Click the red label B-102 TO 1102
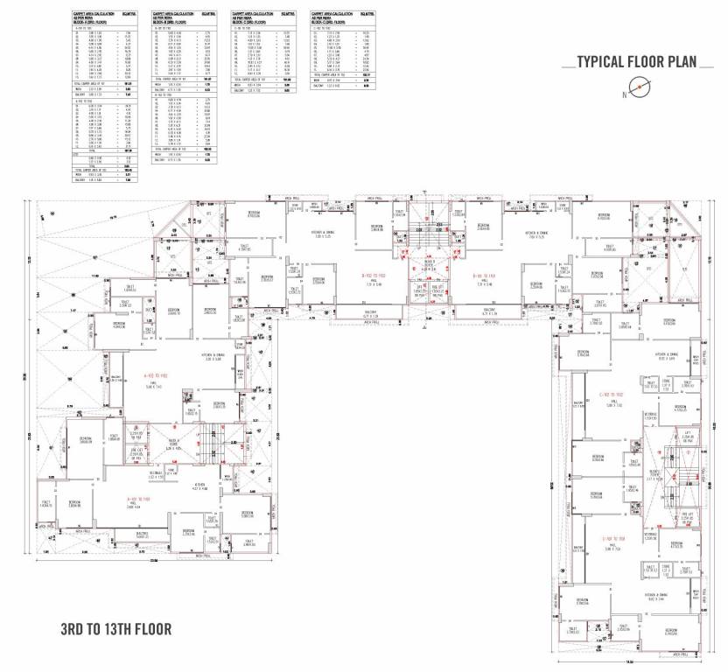pos(379,274)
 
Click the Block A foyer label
pos(173,442)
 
